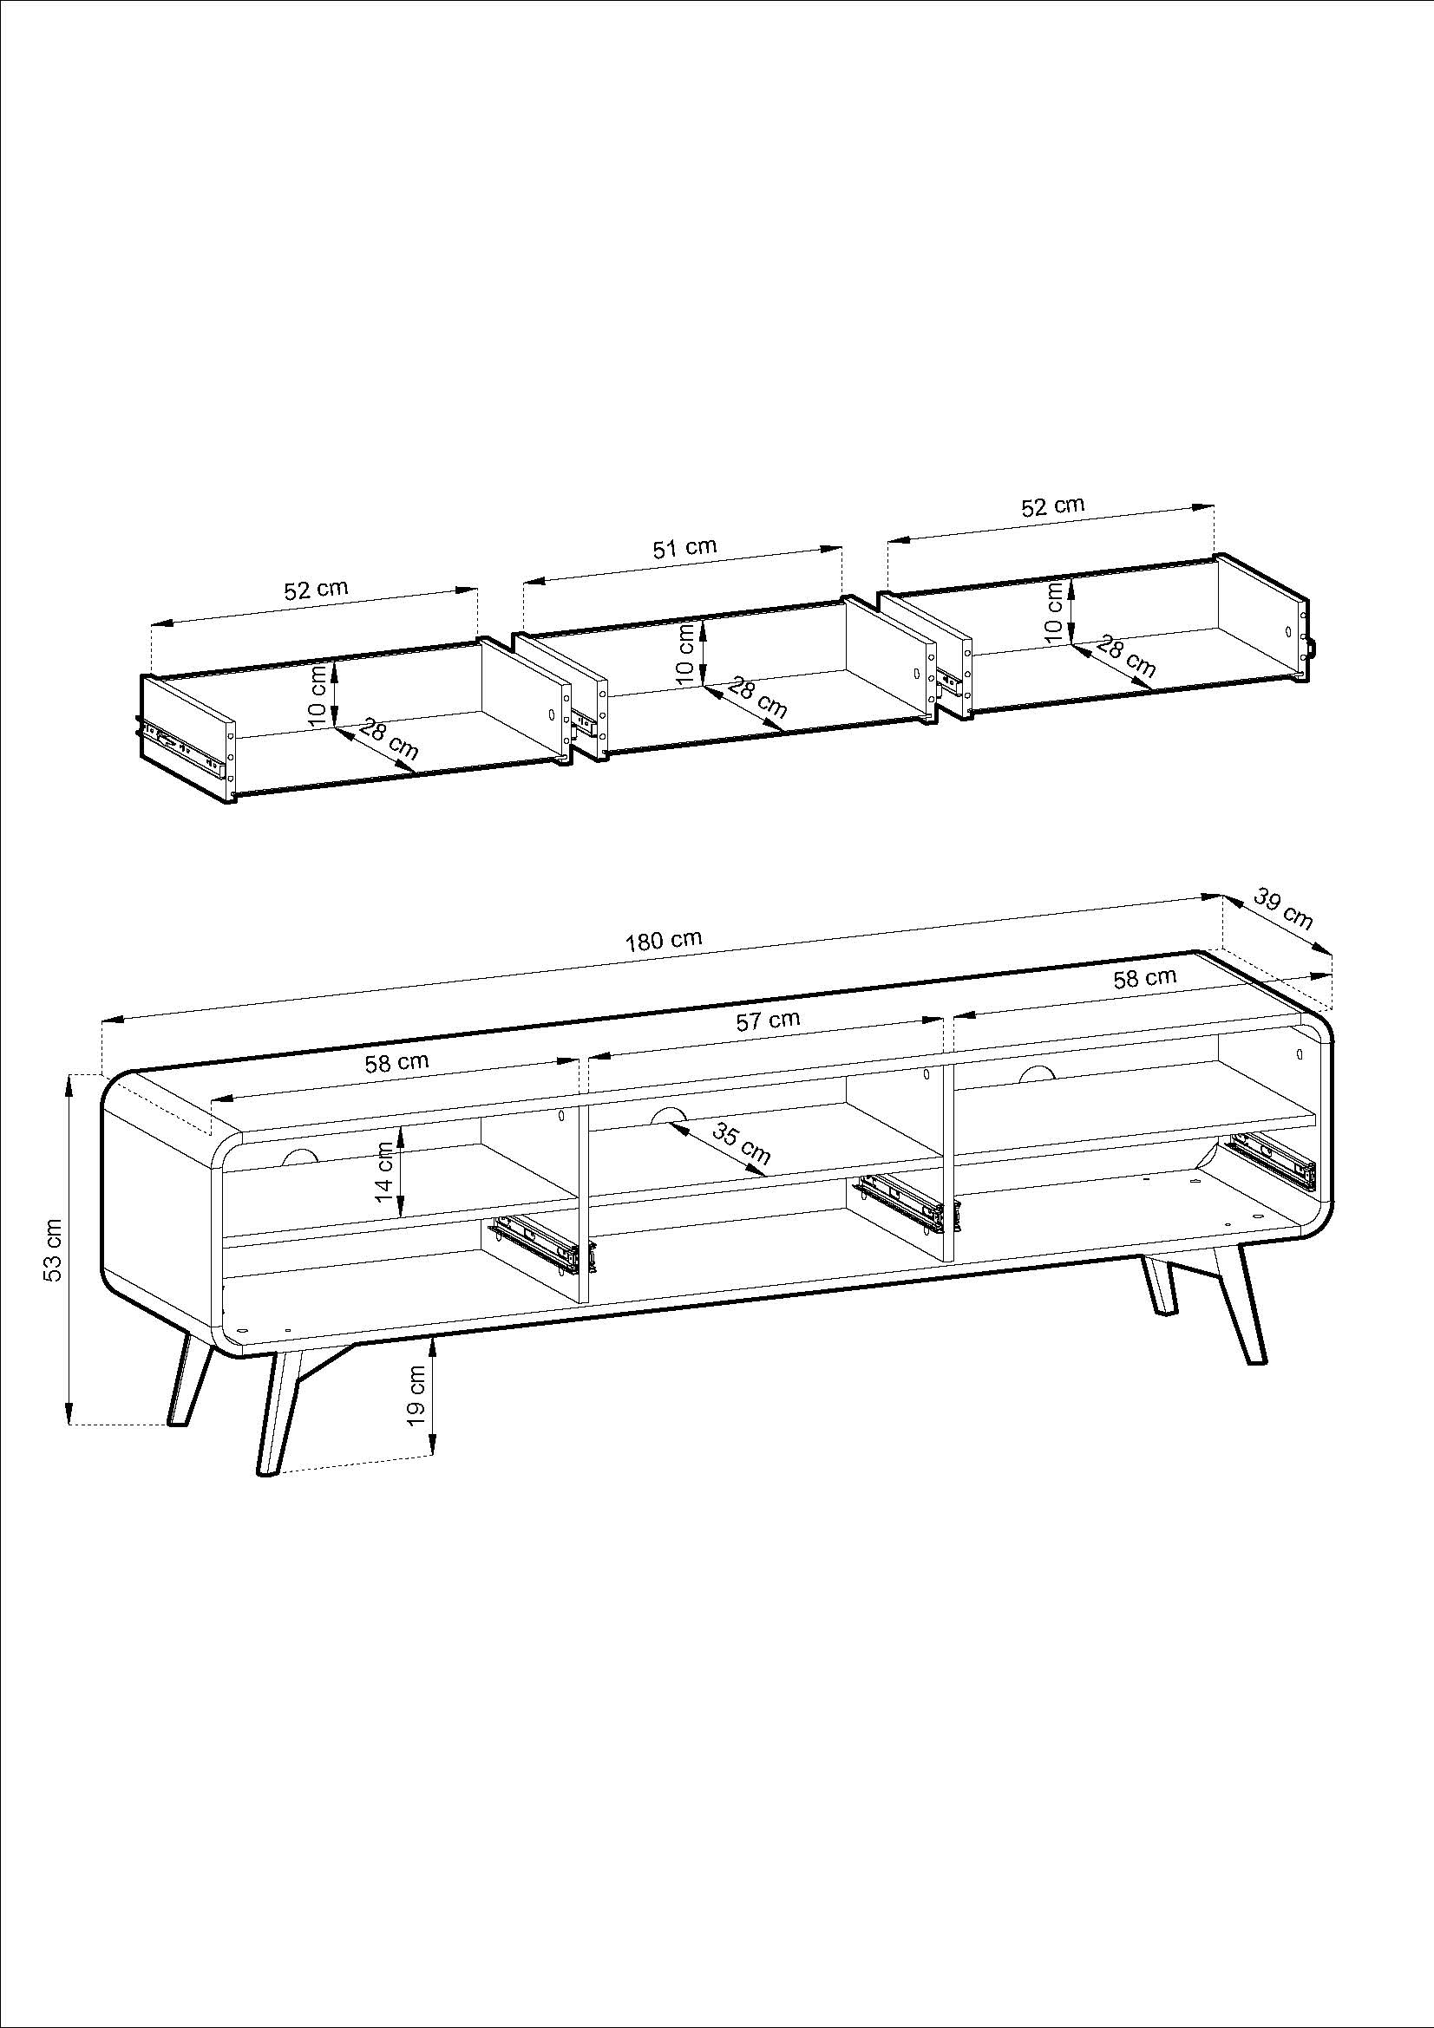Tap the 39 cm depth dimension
(x=1284, y=910)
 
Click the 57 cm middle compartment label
(x=768, y=1021)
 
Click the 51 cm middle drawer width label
(x=684, y=548)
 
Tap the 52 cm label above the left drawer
(x=316, y=589)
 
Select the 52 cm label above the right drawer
(x=1052, y=507)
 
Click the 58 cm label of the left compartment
(x=396, y=1063)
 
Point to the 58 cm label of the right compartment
(x=1145, y=978)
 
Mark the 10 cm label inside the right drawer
(x=1054, y=609)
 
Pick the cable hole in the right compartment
(x=1036, y=1073)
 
